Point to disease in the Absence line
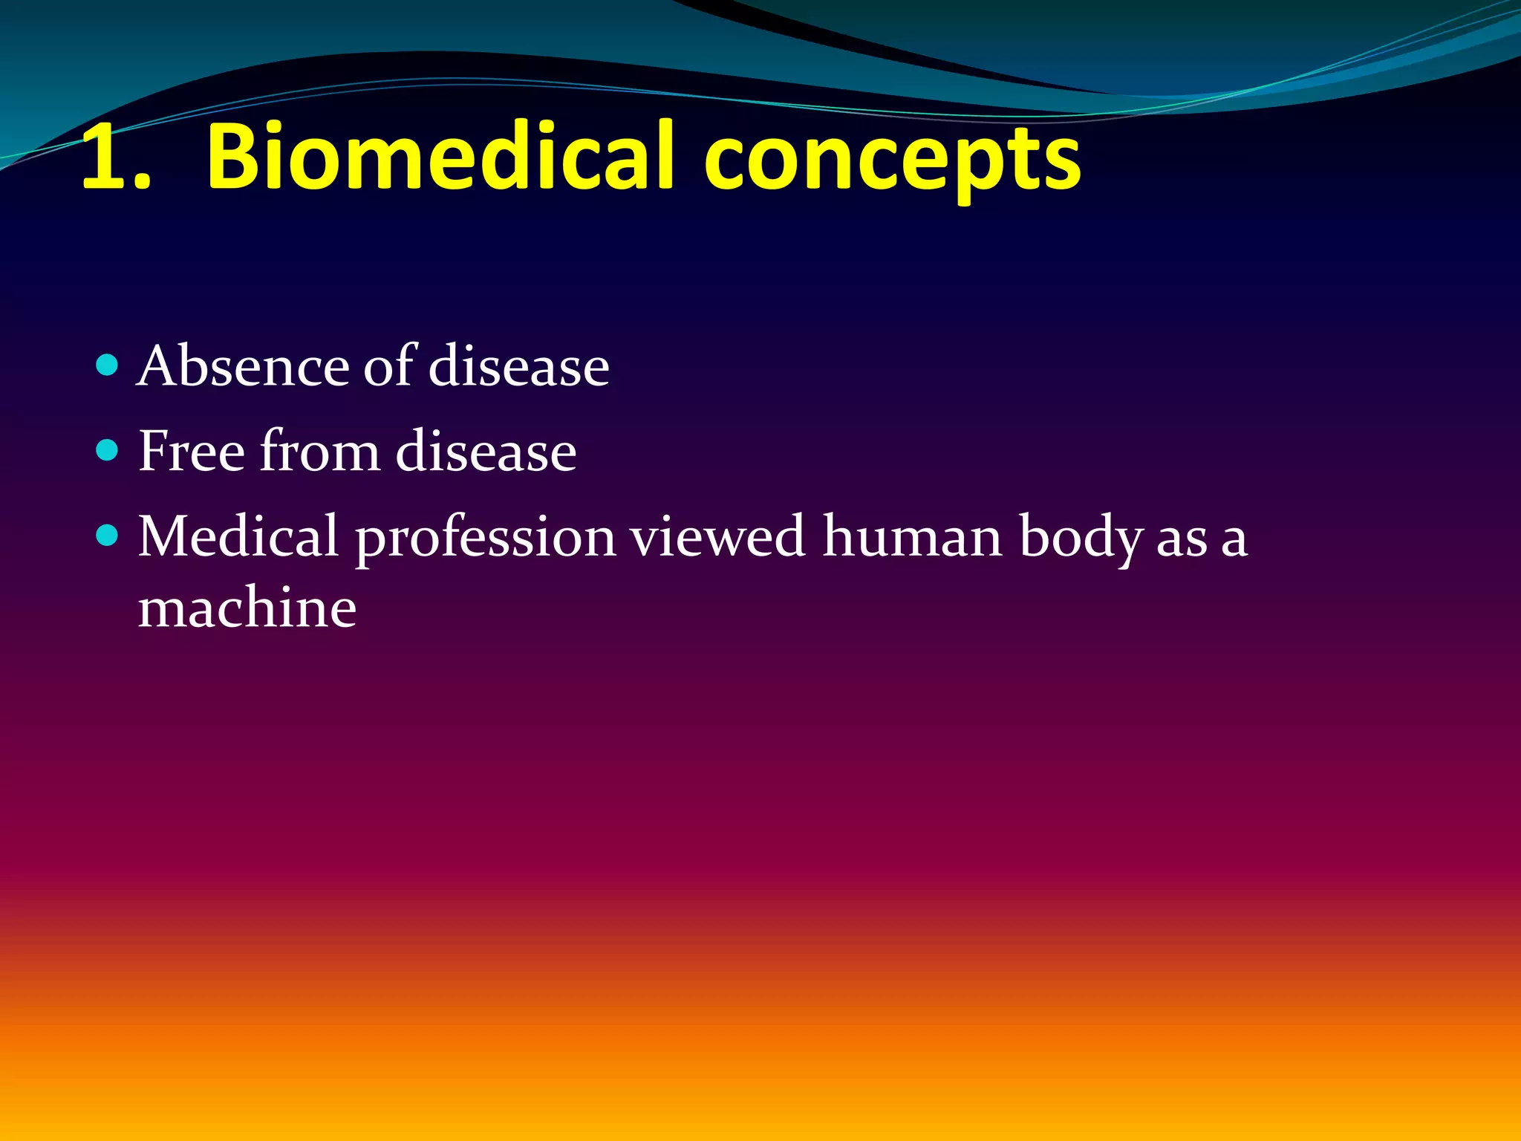pos(518,367)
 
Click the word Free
pos(192,451)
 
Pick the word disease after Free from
pos(486,452)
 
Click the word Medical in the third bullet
pos(238,536)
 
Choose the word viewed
pos(718,536)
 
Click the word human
pos(912,536)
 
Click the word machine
pos(247,608)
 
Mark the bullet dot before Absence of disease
pos(108,365)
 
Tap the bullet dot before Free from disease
pos(108,450)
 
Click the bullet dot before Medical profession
pos(108,535)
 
